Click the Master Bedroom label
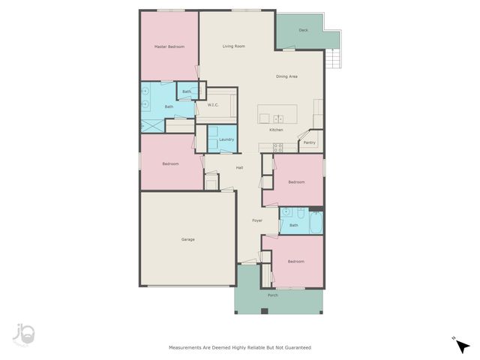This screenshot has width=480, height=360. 169,46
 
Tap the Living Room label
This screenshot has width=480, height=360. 234,46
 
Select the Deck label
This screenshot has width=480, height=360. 303,31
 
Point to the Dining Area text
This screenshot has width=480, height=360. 287,76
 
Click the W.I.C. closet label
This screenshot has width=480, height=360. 213,106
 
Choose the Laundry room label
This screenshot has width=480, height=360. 226,139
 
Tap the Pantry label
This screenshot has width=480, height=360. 309,142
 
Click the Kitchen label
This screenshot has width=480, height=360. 276,130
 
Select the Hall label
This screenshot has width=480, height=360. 239,167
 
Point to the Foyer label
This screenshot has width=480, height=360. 257,220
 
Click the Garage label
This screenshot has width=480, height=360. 187,239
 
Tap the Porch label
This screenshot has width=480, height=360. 272,295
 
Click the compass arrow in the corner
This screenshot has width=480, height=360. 463,346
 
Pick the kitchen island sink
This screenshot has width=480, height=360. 277,118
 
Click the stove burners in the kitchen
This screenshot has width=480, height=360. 277,147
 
